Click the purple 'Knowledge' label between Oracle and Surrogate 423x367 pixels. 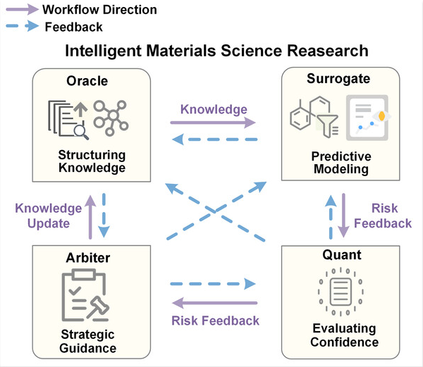214,109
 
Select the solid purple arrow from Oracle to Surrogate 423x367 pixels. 214,122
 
